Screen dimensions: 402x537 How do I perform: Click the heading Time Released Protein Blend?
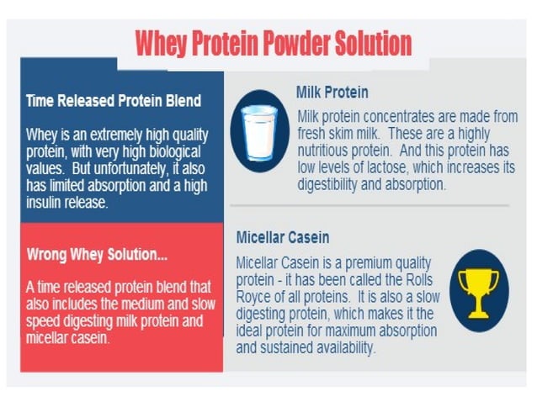(114, 102)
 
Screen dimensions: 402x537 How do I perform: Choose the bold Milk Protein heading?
(332, 92)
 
